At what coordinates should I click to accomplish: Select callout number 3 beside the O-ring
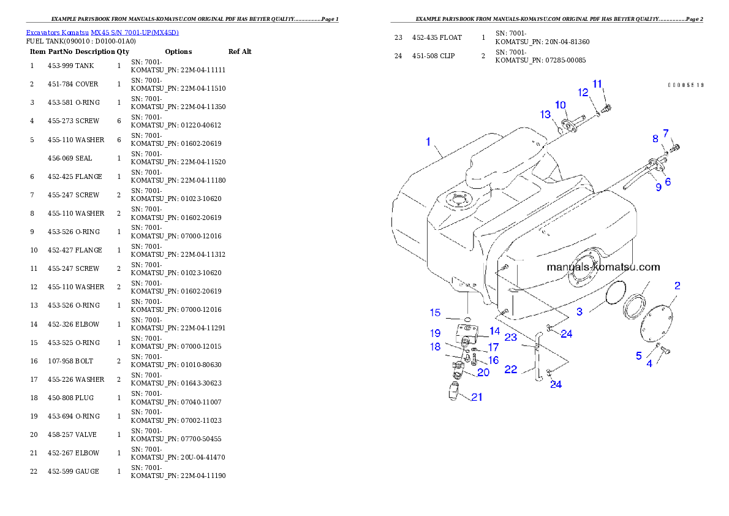580,312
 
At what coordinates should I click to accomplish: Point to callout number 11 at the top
598,83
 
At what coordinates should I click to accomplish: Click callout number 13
545,115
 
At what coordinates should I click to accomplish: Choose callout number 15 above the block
435,313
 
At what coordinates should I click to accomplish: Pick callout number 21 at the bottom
477,397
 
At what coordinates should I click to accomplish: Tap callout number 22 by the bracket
511,370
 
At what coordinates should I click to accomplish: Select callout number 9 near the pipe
659,188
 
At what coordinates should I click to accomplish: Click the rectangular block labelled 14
472,336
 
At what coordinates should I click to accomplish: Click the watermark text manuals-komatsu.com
603,267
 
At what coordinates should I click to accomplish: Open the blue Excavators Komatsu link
102,32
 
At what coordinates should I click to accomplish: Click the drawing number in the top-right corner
686,85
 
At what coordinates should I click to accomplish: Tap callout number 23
510,338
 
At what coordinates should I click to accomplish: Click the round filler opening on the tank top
457,200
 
